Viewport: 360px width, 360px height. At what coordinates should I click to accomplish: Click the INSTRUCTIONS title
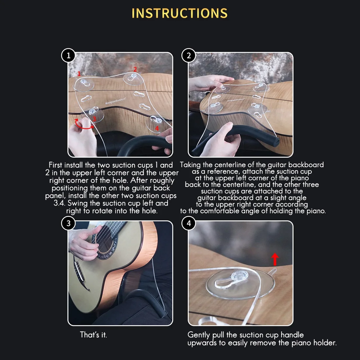point(180,13)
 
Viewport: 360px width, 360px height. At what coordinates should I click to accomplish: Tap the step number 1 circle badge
point(68,56)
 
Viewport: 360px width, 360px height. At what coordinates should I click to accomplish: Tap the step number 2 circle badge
point(189,56)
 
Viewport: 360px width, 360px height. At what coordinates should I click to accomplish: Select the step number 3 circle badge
point(68,224)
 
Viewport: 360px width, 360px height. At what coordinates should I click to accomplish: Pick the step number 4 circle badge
point(189,224)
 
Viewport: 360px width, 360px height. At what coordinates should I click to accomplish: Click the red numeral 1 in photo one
point(79,74)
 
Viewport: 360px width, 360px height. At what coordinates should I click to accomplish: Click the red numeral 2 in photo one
point(135,69)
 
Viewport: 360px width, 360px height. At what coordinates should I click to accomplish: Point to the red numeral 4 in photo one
point(157,129)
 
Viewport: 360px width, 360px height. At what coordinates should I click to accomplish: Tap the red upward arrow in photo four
point(275,259)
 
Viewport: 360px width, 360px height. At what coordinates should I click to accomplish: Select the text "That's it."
point(94,335)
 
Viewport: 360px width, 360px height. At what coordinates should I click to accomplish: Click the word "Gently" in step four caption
point(199,335)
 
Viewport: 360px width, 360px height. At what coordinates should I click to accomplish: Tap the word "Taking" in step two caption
point(190,165)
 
